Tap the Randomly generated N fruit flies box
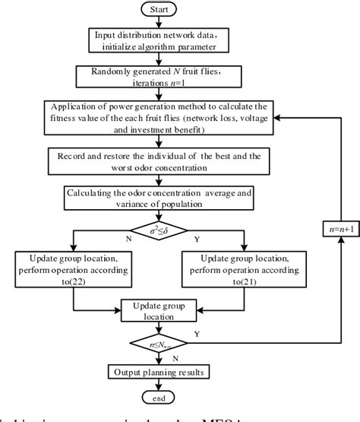(x=156, y=78)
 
